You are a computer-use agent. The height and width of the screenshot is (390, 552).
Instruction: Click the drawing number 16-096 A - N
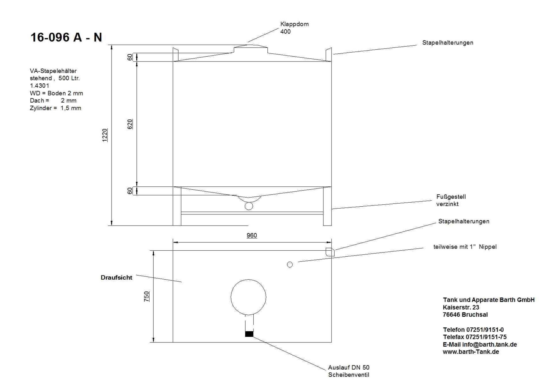point(66,37)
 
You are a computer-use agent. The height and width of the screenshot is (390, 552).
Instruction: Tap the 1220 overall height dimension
point(105,135)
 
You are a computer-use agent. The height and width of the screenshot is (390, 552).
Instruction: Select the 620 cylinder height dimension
point(130,124)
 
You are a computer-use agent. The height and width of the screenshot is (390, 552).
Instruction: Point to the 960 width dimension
point(252,235)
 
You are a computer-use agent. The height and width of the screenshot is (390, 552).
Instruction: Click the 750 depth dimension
point(147,296)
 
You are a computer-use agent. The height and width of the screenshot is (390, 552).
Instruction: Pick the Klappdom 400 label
point(294,28)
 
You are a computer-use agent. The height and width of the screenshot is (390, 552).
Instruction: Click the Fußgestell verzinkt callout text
point(451,200)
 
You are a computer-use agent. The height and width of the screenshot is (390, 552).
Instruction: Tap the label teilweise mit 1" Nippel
point(465,247)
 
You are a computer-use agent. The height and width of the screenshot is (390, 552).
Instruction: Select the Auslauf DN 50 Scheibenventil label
point(348,371)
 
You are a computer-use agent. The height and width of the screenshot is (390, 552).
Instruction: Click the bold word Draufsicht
point(116,278)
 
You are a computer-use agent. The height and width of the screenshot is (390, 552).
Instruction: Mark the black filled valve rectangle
point(249,334)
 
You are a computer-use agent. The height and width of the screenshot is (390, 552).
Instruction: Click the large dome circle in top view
point(248,297)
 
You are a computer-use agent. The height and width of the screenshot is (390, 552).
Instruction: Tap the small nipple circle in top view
point(290,264)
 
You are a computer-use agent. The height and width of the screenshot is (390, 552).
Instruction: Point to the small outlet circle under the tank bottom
point(249,206)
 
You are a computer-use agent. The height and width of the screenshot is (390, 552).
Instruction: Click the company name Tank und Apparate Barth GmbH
point(488,300)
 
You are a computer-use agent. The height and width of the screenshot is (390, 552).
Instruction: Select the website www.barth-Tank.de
point(471,352)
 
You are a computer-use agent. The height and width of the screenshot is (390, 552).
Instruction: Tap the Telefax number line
point(474,337)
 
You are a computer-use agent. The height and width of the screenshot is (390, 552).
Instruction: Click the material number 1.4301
point(39,86)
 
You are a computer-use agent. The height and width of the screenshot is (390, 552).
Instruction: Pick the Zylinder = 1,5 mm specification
point(55,108)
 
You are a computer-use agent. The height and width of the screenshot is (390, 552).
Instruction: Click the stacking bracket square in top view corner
point(330,252)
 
